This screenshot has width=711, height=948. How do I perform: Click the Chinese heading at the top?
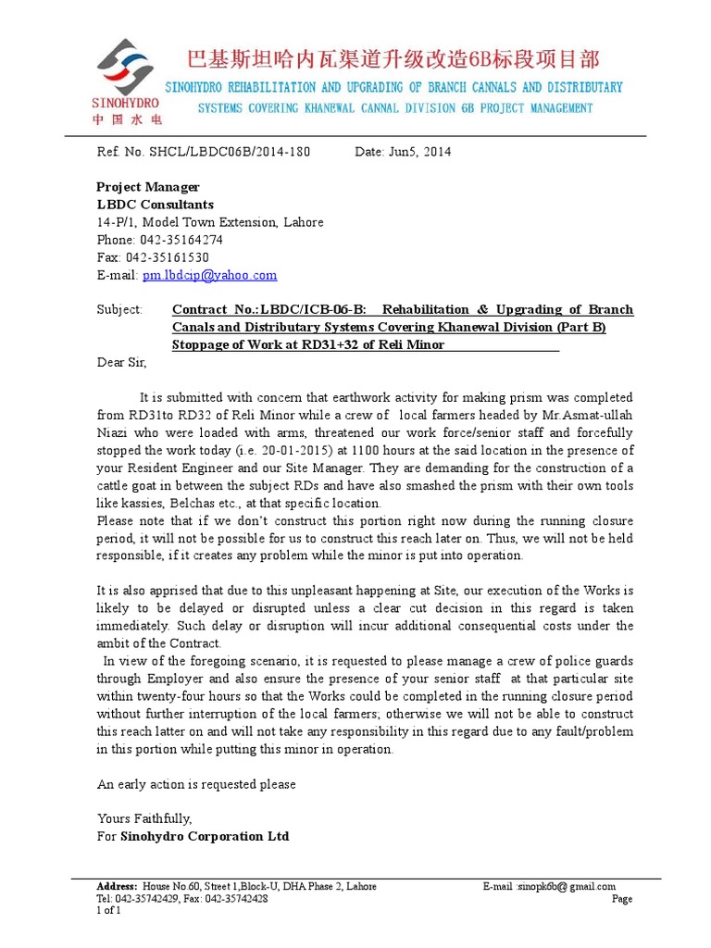393,60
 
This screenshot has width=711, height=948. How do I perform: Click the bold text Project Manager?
148,187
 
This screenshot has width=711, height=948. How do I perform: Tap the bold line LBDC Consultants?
156,205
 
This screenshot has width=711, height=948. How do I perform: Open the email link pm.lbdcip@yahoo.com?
208,275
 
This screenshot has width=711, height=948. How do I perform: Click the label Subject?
120,310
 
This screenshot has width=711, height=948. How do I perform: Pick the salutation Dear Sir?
122,363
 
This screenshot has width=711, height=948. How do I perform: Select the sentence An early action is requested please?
196,784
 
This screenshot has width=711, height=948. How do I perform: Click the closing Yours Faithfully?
144,818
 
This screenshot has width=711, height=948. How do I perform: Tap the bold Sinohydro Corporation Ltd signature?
205,836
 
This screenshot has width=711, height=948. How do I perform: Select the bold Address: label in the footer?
117,886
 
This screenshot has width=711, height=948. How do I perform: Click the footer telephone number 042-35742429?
146,898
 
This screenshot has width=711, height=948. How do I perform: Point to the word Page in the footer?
622,899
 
